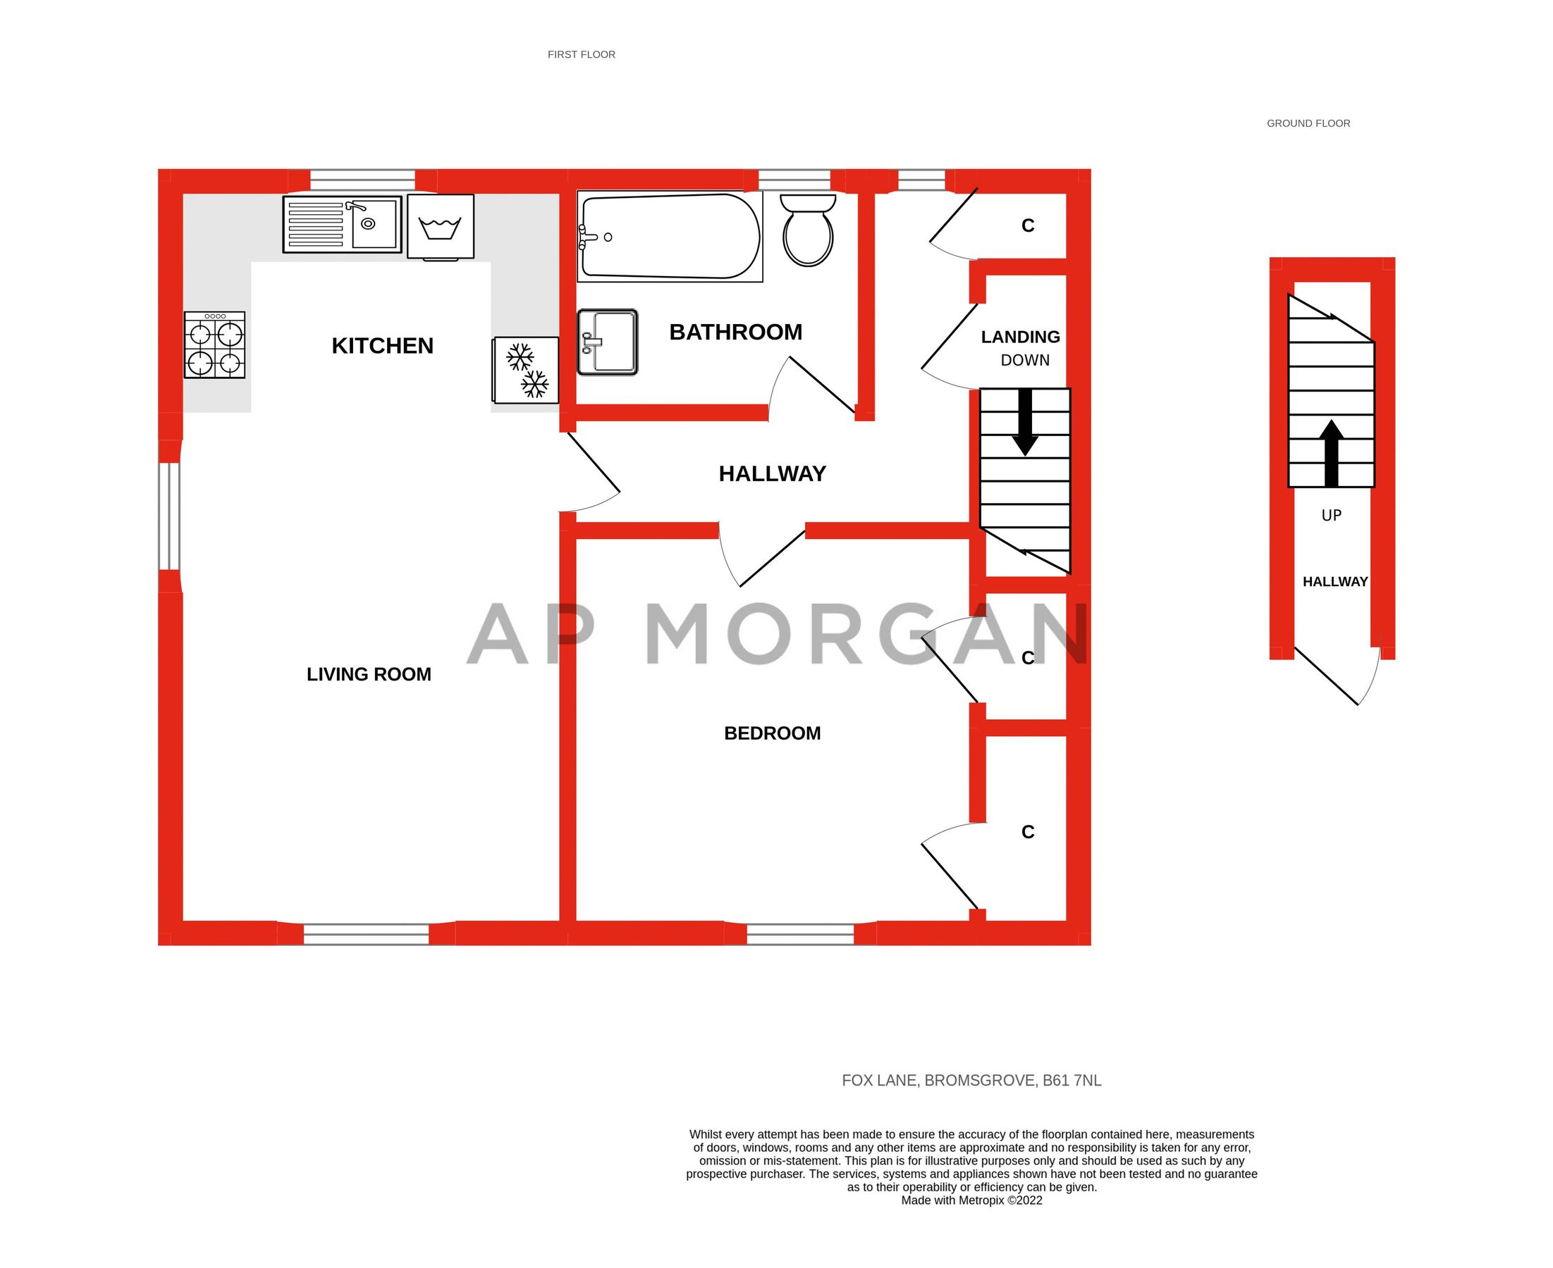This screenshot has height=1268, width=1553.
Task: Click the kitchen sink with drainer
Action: [x=342, y=224]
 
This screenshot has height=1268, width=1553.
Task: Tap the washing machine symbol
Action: [x=440, y=226]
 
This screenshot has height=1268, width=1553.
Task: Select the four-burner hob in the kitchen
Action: [x=214, y=344]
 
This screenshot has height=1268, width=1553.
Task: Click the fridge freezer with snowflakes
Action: [x=526, y=370]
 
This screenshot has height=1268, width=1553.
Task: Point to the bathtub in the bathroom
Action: [x=669, y=237]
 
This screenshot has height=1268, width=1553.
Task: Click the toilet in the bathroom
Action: [x=808, y=230]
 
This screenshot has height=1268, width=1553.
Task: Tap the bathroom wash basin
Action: [x=608, y=342]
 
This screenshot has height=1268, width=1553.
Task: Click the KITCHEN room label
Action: [x=382, y=346]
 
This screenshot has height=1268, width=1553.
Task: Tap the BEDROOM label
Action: [x=772, y=733]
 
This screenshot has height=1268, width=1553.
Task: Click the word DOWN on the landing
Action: [x=1024, y=360]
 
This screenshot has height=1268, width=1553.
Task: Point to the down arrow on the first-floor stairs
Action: [x=1024, y=423]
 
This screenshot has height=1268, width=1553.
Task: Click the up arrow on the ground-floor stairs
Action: [x=1332, y=453]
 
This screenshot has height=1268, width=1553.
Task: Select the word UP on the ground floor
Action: [x=1331, y=516]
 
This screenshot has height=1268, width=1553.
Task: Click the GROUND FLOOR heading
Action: [x=1308, y=123]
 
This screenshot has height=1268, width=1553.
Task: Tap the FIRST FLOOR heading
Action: [x=581, y=55]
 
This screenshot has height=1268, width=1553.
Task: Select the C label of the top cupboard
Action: [x=1028, y=225]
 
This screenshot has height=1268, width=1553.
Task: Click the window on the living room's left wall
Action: [x=170, y=516]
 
